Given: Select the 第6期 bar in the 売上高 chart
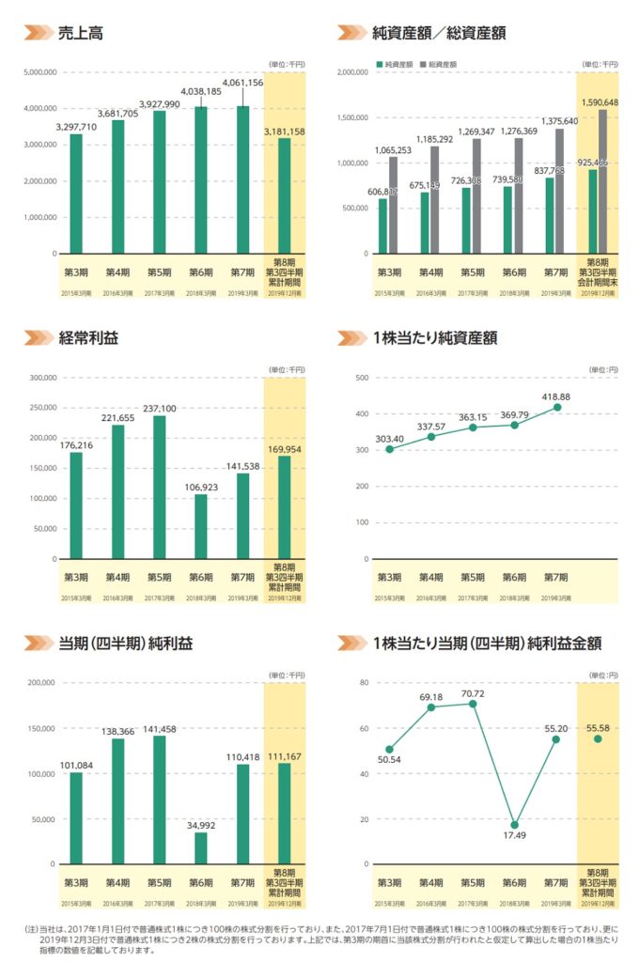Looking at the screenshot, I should pos(201,179).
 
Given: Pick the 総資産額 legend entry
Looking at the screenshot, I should pos(438,65).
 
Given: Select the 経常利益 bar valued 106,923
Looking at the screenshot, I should pos(201,526).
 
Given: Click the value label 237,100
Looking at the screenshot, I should pos(159,408).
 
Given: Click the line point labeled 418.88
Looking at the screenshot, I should pos(557,407).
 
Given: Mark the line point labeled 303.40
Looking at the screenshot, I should pos(389,449).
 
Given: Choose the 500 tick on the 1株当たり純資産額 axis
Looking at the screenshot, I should pos(361,378).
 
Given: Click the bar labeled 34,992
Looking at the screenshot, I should pos(201,847).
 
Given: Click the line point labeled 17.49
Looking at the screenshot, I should pos(515,824).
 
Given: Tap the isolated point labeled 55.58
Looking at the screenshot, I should pos(598,737).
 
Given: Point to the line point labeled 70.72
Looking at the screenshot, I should pos(473,704).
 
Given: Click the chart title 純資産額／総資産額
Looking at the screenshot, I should pos(439,32).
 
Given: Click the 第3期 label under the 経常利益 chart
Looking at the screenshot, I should pos(76,577).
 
